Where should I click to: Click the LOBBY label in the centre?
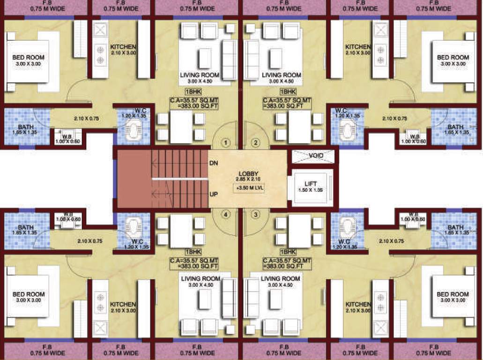[247, 173]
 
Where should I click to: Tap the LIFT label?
[311, 183]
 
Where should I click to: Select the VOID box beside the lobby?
[313, 156]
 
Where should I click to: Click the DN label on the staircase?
[214, 163]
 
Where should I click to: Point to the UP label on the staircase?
[214, 194]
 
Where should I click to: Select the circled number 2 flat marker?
[255, 142]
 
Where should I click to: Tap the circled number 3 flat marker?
[255, 215]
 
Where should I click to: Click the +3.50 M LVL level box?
[247, 188]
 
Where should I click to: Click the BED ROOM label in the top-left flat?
[29, 58]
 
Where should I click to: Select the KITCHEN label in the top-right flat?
[358, 47]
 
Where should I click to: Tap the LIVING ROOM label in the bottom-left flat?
[200, 279]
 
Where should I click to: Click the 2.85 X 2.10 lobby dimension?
[247, 180]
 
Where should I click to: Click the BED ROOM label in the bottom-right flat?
[453, 294]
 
